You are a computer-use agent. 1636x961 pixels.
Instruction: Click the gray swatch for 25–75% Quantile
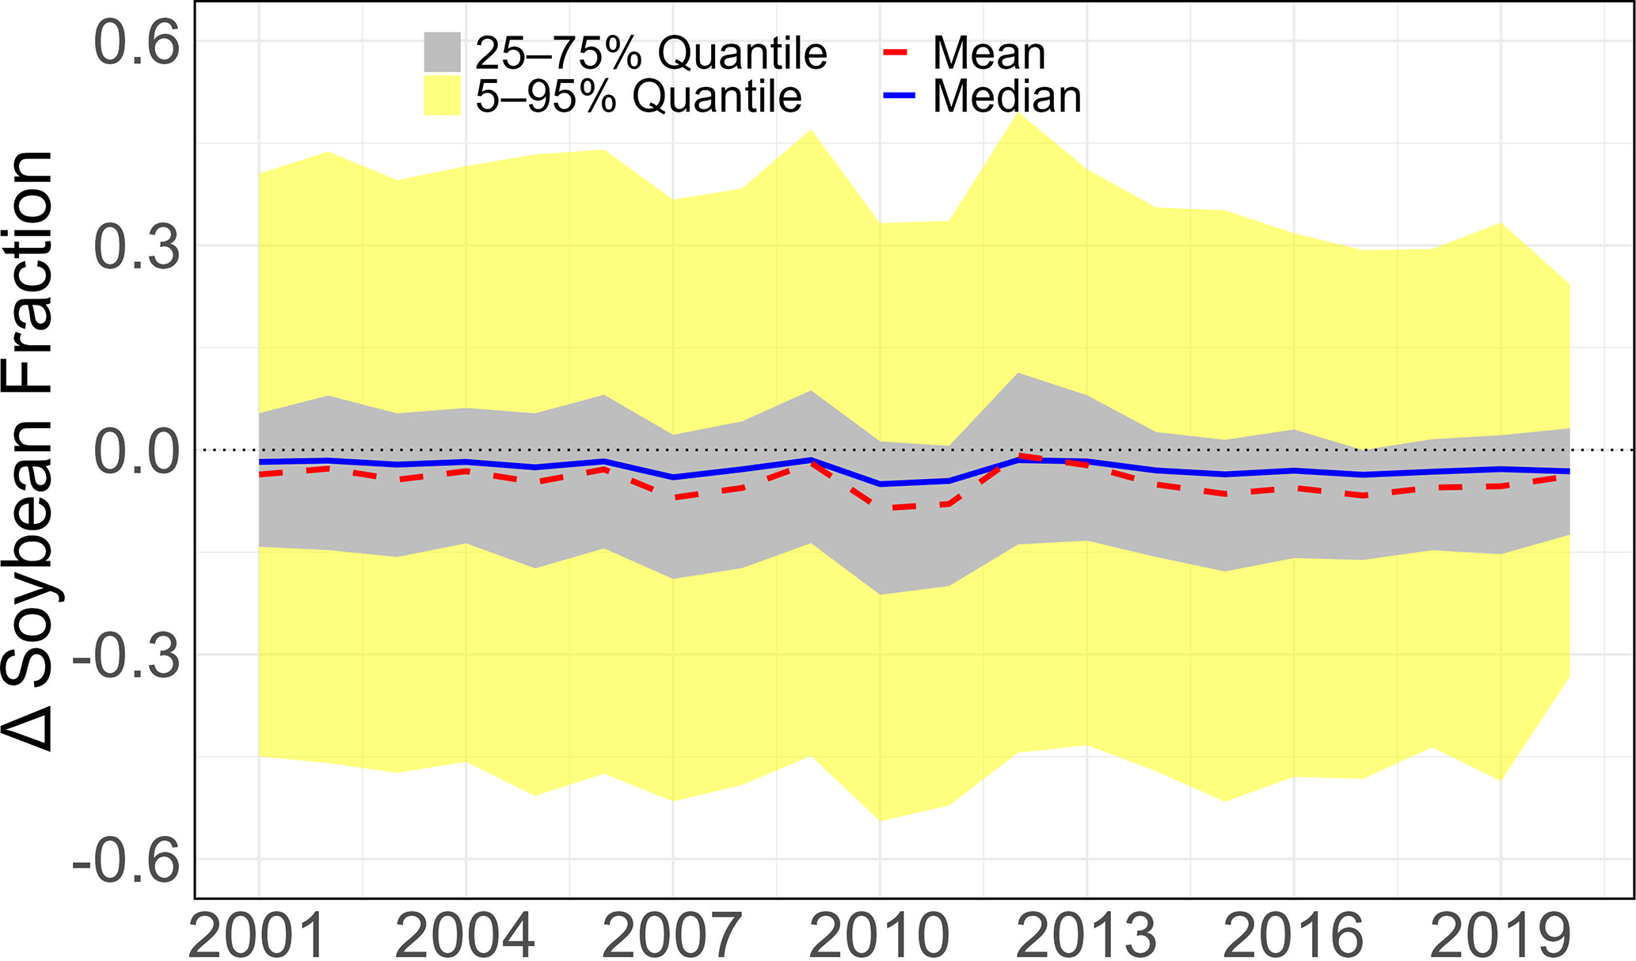click(x=442, y=51)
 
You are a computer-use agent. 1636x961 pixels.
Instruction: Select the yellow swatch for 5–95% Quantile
click(x=442, y=96)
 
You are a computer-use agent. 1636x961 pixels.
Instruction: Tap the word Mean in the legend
click(x=989, y=53)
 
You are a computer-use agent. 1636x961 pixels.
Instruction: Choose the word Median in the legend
click(x=1006, y=97)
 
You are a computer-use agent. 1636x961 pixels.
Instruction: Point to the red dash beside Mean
click(x=895, y=52)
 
